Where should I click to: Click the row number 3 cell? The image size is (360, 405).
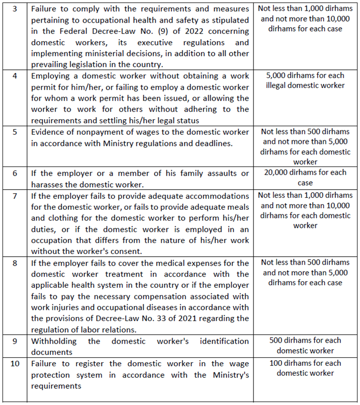[15, 10]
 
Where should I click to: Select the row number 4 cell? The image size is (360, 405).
[15, 76]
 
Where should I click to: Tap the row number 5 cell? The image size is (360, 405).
[15, 132]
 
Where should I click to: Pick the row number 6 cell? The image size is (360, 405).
[15, 174]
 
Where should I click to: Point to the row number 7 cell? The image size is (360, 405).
[15, 195]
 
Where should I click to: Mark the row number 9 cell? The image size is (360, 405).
[15, 341]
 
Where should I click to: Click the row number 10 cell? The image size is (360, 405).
[15, 364]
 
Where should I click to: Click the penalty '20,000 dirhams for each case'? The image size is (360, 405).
[305, 178]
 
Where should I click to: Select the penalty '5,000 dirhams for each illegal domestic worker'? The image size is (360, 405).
[305, 80]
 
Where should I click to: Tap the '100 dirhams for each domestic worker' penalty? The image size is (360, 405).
[305, 368]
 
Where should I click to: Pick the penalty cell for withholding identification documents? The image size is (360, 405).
[305, 346]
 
